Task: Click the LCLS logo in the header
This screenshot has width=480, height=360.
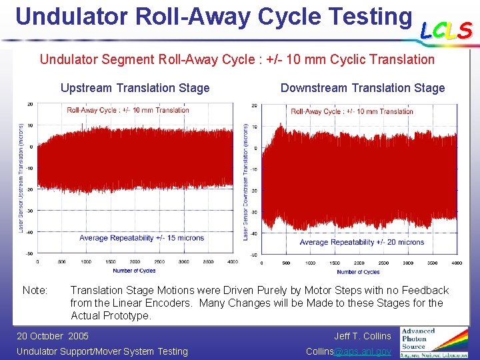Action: (446, 30)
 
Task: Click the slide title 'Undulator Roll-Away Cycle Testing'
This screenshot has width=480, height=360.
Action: (213, 15)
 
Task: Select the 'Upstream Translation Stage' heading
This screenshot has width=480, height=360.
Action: (135, 88)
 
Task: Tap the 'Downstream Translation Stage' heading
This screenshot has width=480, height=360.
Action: (363, 88)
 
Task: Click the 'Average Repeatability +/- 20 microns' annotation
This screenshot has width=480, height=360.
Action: (361, 242)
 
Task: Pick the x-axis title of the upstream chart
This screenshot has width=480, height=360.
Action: (134, 271)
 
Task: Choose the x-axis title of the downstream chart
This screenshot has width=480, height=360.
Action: (358, 272)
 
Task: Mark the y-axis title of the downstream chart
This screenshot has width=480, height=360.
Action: (246, 181)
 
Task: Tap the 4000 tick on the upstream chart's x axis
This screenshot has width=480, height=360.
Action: (232, 262)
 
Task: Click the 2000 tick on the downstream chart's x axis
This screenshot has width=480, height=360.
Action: (359, 263)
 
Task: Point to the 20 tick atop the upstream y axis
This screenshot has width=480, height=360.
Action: (30, 104)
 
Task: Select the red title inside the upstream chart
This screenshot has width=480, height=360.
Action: (128, 110)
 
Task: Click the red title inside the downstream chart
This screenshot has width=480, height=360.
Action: (352, 111)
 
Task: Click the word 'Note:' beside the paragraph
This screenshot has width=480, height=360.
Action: (35, 291)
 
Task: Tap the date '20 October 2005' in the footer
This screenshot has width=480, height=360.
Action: (52, 336)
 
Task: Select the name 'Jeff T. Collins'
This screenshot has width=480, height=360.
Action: (362, 336)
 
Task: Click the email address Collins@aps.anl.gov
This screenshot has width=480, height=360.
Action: (348, 351)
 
